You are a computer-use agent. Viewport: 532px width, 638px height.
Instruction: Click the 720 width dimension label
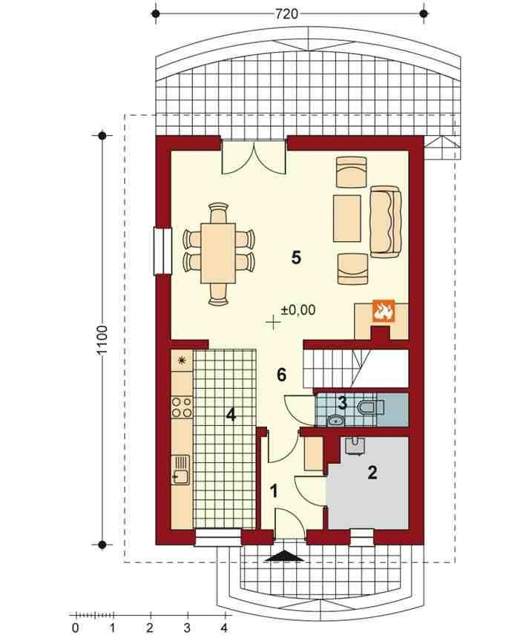286,14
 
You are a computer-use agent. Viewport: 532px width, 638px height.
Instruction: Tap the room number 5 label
296,257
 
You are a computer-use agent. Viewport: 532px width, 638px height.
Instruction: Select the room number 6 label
281,375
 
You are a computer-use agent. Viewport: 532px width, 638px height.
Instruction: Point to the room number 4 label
231,415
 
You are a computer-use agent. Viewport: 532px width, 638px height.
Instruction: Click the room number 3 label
342,404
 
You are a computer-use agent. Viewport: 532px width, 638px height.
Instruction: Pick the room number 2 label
372,473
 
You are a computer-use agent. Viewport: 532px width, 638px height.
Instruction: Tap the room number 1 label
275,491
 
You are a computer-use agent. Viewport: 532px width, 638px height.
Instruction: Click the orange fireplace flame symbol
383,312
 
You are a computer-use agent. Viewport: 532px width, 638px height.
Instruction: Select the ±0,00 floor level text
298,310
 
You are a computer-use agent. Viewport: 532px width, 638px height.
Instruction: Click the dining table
218,253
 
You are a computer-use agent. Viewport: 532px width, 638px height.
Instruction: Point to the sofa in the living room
385,222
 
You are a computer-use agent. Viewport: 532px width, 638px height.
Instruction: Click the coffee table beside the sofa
347,219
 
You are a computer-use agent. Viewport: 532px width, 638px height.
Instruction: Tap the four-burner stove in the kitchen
182,407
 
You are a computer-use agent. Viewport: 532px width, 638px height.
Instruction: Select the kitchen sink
180,470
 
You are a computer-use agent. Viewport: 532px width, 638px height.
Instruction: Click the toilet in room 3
370,406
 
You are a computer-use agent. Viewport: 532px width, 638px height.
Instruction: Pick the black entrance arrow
284,556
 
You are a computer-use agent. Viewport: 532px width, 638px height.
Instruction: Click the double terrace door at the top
253,158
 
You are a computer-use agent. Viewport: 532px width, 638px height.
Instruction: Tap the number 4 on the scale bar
224,628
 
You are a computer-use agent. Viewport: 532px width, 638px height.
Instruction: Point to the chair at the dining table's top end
218,212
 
